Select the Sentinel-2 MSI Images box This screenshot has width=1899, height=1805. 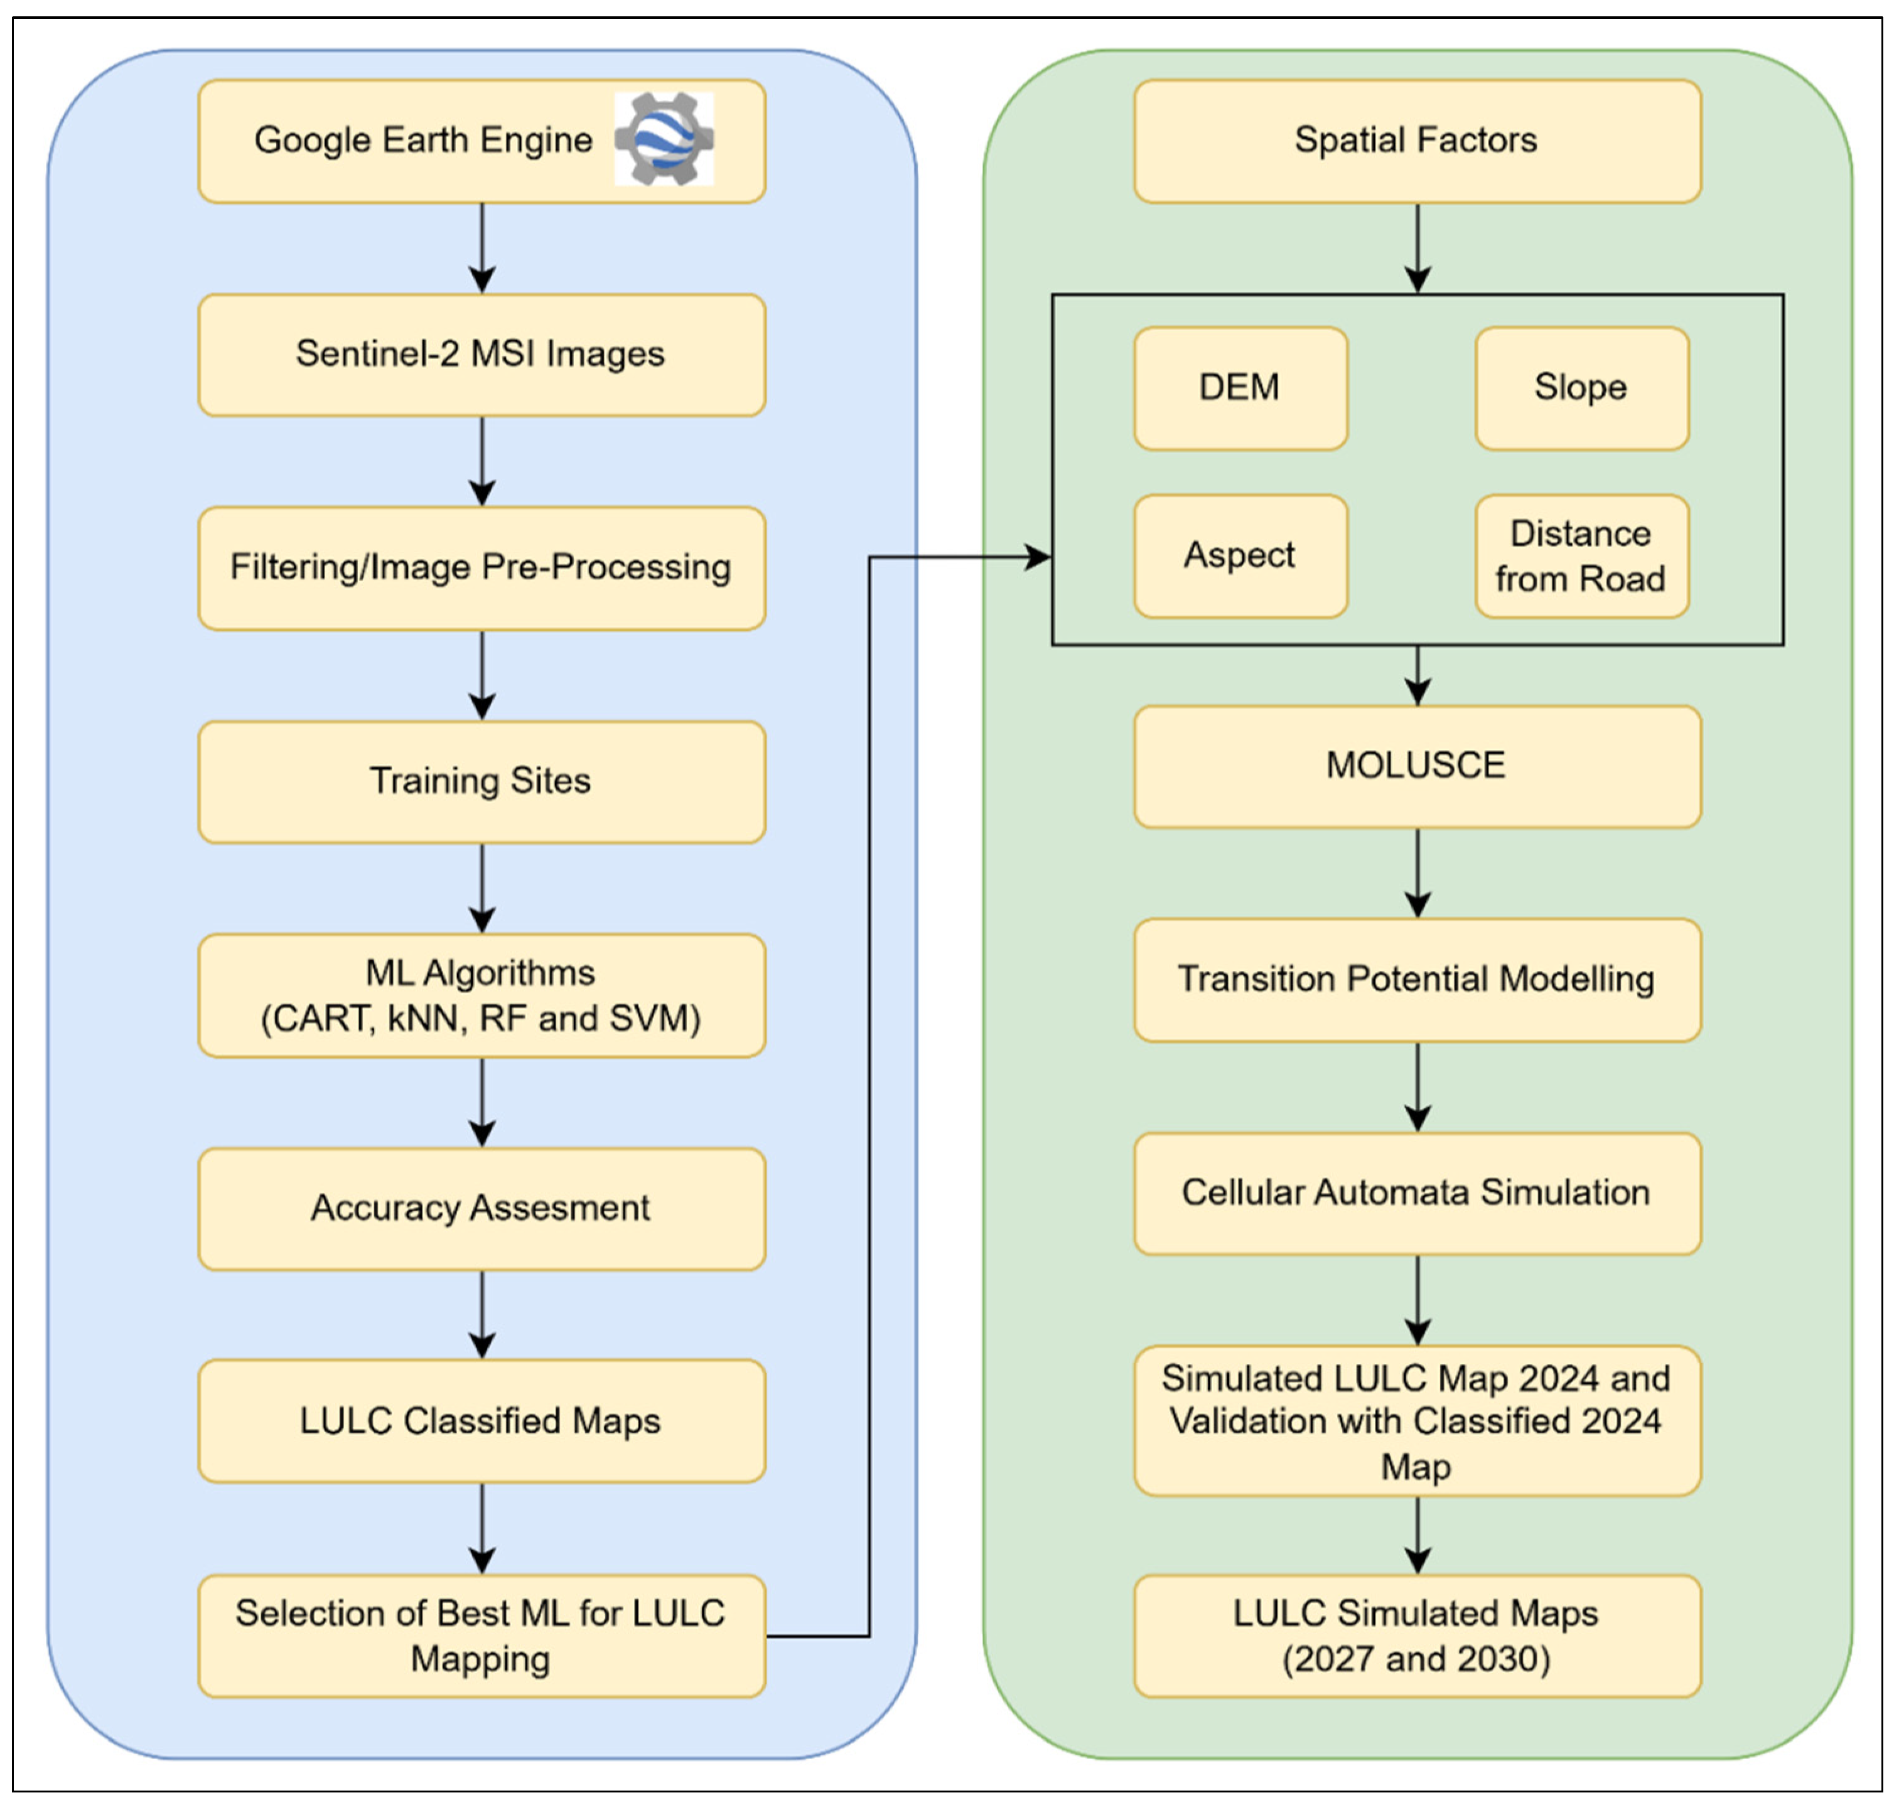pyautogui.click(x=481, y=354)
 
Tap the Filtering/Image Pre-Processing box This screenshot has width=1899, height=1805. pyautogui.click(x=481, y=567)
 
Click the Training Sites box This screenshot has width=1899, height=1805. pyautogui.click(x=481, y=781)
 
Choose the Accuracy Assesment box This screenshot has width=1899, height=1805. pyautogui.click(x=481, y=1209)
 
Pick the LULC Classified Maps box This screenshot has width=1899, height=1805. pyautogui.click(x=481, y=1421)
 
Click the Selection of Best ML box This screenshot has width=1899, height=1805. pyautogui.click(x=481, y=1636)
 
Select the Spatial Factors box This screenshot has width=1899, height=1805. pyautogui.click(x=1417, y=141)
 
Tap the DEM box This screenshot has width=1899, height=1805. pyautogui.click(x=1240, y=388)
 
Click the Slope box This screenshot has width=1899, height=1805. pyautogui.click(x=1581, y=388)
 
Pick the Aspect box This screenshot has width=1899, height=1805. pyautogui.click(x=1240, y=555)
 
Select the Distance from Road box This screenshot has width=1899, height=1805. pyautogui.click(x=1581, y=555)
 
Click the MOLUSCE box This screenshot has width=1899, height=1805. pyautogui.click(x=1417, y=766)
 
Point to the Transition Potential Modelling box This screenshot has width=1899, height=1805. pyautogui.click(x=1417, y=980)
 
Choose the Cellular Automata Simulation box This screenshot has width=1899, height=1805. pyautogui.click(x=1417, y=1193)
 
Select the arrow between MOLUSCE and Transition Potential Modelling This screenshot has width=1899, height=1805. pyautogui.click(x=1417, y=872)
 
